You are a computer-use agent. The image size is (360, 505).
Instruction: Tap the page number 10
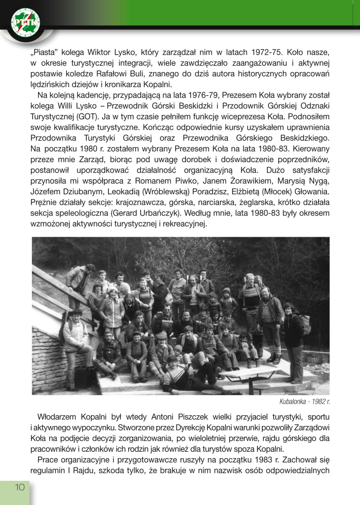click(x=19, y=487)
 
